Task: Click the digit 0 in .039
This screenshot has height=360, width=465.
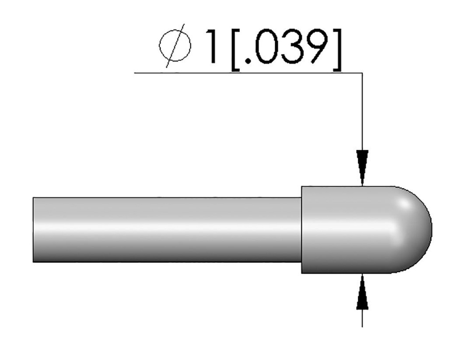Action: [x=266, y=47]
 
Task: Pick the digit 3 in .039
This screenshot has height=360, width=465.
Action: [x=292, y=47]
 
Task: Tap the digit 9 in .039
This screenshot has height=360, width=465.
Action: [x=316, y=47]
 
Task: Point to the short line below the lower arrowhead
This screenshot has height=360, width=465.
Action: [x=362, y=318]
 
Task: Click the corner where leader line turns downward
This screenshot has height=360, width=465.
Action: [x=362, y=73]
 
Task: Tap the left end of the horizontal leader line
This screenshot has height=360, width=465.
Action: [x=135, y=73]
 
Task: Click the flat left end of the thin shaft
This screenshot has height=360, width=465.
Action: [x=34, y=230]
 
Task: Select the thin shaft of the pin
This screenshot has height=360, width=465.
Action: [x=168, y=230]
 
